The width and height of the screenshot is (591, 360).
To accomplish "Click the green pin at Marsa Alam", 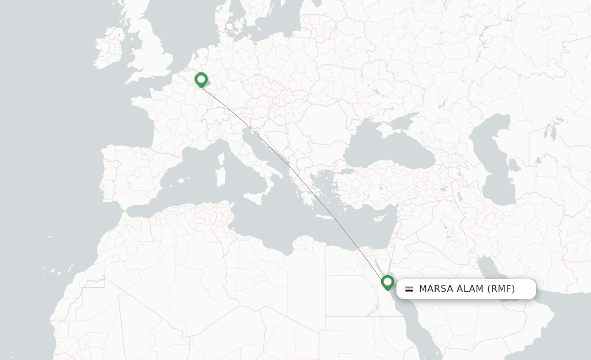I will pyautogui.click(x=387, y=282).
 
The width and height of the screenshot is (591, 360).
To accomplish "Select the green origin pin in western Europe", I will pyautogui.click(x=201, y=79).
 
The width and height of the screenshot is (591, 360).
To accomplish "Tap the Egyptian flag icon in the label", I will pyautogui.click(x=409, y=289).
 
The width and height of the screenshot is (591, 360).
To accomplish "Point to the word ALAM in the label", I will pyautogui.click(x=469, y=289).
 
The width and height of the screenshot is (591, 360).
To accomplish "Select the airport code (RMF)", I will pyautogui.click(x=501, y=289).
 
